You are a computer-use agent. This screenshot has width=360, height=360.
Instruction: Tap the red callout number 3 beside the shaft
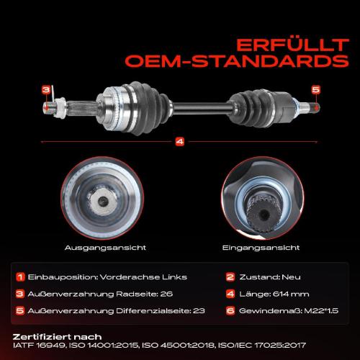tap(45, 89)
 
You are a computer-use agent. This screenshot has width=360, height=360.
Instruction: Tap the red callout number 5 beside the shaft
tap(315, 89)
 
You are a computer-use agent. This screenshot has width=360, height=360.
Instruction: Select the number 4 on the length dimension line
tap(179, 141)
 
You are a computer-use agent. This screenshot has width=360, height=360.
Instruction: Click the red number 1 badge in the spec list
tap(21, 277)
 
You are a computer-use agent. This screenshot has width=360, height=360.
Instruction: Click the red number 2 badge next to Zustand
tap(230, 277)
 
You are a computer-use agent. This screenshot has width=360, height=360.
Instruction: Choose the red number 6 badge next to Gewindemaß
tap(230, 310)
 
